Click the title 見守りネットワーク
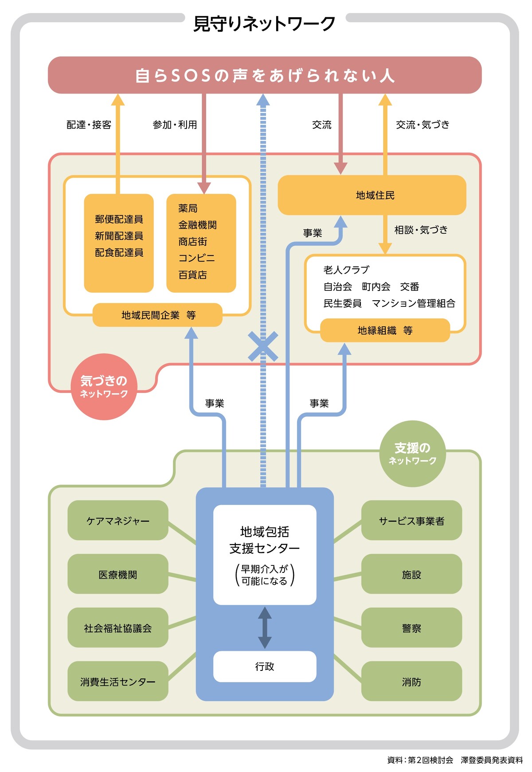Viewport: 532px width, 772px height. tap(264, 24)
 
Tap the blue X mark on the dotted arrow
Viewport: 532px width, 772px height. tap(263, 346)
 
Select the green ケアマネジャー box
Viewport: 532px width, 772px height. tap(118, 521)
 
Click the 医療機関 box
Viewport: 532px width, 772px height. tap(118, 574)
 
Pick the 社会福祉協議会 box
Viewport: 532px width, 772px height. tap(118, 628)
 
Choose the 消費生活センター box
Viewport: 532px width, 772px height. tap(118, 682)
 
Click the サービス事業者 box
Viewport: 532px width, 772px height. tap(411, 521)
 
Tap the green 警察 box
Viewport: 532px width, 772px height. tap(411, 628)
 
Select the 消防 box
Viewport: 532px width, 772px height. tap(411, 682)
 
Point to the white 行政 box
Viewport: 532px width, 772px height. tap(265, 666)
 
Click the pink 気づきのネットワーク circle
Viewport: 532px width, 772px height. tap(104, 387)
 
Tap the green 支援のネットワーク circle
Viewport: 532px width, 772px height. tap(413, 454)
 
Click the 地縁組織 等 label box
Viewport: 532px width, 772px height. tap(385, 330)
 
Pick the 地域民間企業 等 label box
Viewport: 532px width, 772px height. tap(158, 315)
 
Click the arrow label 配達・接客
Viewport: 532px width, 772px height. tap(89, 125)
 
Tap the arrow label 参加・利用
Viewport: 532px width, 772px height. tap(175, 125)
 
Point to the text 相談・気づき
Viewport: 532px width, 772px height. tap(421, 230)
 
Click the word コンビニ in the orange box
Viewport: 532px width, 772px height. tap(196, 258)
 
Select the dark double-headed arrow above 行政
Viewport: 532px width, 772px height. tap(265, 628)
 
